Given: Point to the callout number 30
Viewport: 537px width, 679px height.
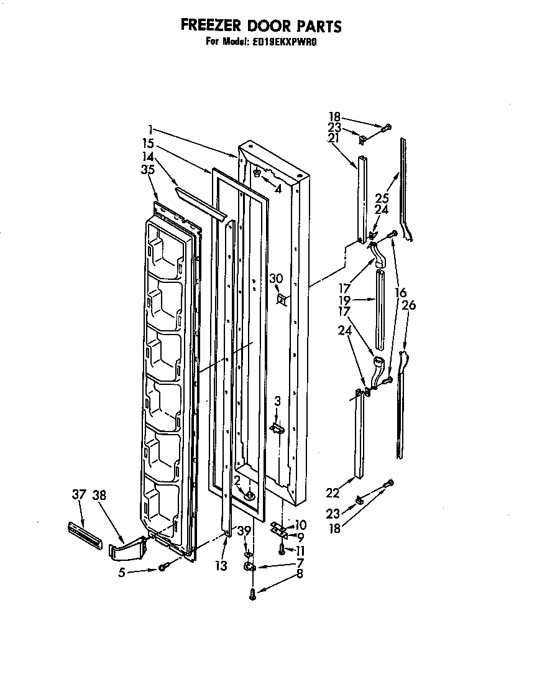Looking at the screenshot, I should tap(276, 279).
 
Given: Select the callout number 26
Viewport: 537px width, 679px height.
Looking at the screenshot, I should tap(409, 305).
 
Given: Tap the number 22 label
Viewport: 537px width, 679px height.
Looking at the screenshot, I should tap(333, 493).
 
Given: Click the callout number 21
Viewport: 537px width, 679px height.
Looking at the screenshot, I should tap(334, 138).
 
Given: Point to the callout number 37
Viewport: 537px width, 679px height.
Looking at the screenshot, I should tap(78, 495).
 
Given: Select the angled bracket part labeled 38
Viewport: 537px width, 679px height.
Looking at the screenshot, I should tap(128, 547).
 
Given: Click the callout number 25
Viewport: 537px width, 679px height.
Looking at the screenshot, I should tap(381, 198).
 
